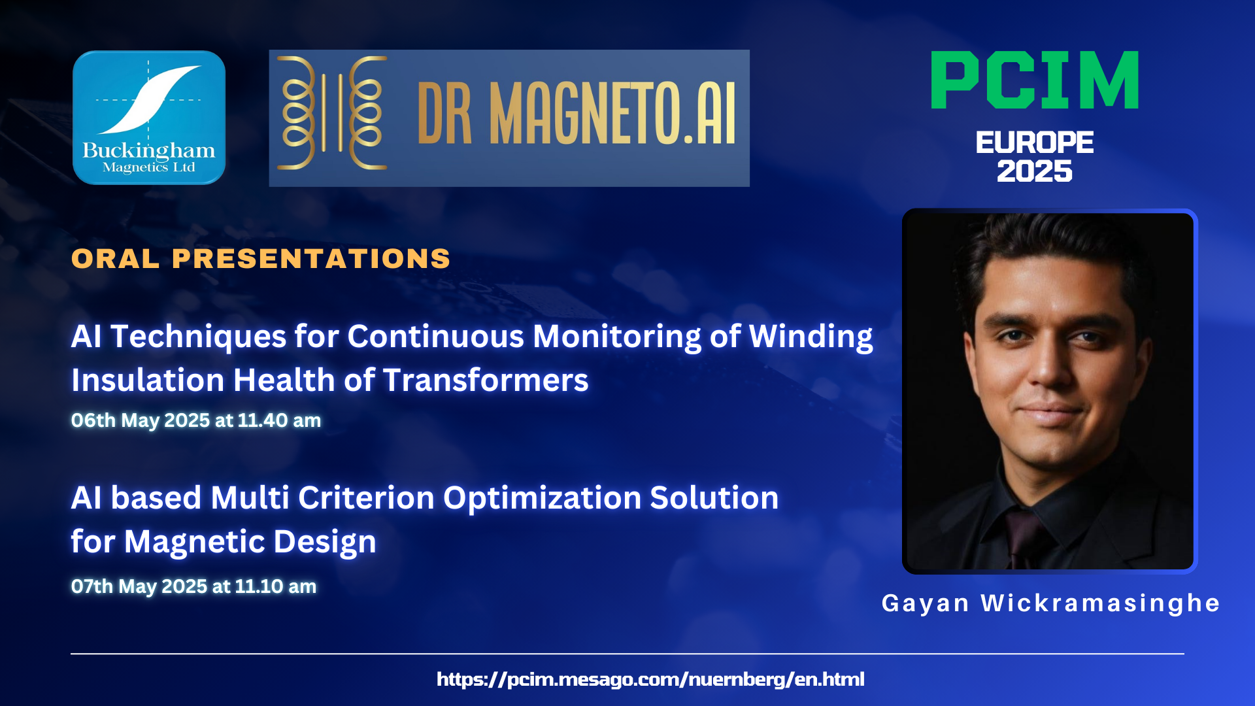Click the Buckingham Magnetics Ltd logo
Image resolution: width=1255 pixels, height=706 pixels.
pyautogui.click(x=149, y=118)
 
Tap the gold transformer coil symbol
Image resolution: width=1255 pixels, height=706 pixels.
pyautogui.click(x=332, y=113)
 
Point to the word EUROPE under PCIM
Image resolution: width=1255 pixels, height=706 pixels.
pyautogui.click(x=1035, y=143)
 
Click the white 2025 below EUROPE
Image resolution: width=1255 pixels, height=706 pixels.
pyautogui.click(x=1035, y=171)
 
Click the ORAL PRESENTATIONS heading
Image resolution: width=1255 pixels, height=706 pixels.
pyautogui.click(x=261, y=259)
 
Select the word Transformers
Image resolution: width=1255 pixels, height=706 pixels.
pyautogui.click(x=486, y=380)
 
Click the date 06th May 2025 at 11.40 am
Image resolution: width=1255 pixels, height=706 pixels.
pyautogui.click(x=196, y=420)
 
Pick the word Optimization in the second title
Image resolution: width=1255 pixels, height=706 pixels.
pyautogui.click(x=542, y=498)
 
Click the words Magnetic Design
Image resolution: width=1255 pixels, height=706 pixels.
pyautogui.click(x=250, y=542)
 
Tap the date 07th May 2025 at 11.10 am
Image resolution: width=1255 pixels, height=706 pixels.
pyautogui.click(x=193, y=586)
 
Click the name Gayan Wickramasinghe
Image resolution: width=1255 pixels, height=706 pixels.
pyautogui.click(x=1051, y=603)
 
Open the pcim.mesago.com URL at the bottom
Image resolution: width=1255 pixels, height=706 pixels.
pyautogui.click(x=650, y=679)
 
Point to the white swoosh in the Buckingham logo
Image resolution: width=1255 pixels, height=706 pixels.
pyautogui.click(x=150, y=99)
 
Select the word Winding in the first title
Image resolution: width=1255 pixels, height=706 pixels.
pyautogui.click(x=811, y=337)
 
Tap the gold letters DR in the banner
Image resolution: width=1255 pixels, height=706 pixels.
pyautogui.click(x=444, y=113)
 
